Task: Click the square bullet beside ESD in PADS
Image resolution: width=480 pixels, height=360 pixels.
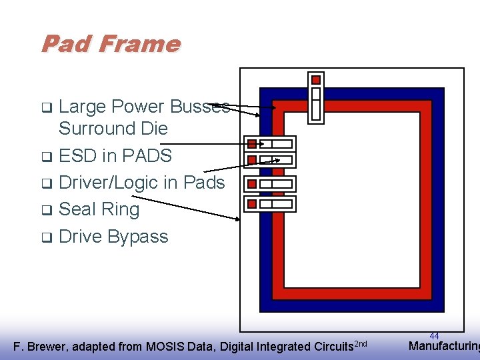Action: (47, 157)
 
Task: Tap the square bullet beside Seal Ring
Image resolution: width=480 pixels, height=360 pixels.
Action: (47, 211)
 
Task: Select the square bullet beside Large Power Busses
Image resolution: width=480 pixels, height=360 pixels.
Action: (47, 107)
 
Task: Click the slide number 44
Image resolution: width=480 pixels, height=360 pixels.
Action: (434, 336)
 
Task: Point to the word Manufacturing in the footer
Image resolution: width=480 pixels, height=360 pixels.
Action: (443, 346)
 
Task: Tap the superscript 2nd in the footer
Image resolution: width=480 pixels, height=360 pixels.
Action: (360, 343)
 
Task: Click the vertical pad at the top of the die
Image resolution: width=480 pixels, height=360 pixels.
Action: (316, 97)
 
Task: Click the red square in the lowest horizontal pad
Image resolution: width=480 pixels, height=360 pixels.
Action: (252, 203)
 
